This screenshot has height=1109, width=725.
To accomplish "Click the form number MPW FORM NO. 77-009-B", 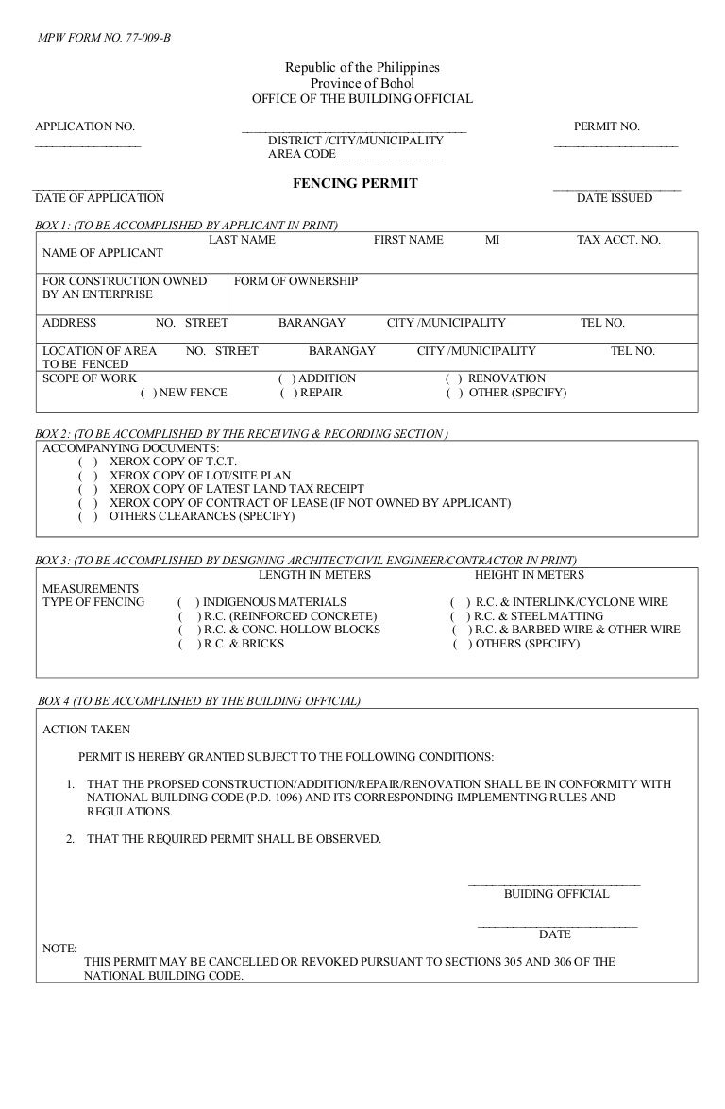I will point(103,39).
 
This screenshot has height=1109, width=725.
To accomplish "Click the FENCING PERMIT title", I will point(355,183).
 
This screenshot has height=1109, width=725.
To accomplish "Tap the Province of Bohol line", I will point(362,83).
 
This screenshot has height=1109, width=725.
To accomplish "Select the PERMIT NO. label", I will point(606,126).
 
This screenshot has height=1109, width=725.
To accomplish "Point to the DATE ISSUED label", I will point(614,198).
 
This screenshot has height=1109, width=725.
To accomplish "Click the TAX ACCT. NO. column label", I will point(618,240).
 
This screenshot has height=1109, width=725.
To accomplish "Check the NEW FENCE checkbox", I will point(146,393).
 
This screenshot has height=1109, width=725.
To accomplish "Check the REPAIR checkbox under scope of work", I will point(288,393).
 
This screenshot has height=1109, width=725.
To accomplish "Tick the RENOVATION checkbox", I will point(453,378).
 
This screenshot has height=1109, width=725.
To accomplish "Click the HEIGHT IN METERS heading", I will point(529,574).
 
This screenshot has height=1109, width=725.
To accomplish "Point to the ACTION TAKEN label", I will point(87,729).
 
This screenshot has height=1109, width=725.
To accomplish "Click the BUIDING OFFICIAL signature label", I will point(556,893).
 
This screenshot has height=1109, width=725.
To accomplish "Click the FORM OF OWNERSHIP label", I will point(295,281).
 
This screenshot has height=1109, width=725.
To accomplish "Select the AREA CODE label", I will point(301,154).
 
